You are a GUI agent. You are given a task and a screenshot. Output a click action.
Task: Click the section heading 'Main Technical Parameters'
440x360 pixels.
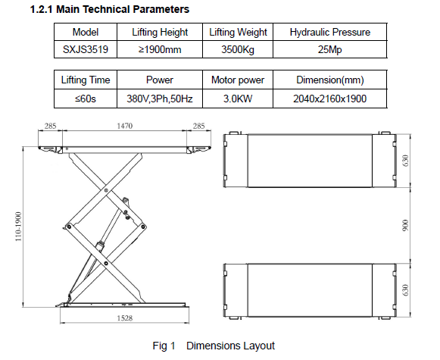pos(123,9)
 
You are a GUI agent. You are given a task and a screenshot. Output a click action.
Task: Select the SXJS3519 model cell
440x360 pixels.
pos(86,49)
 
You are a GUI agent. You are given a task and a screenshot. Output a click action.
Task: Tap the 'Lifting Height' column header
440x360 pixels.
pos(160,32)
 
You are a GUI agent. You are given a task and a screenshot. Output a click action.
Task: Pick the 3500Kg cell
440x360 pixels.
pos(238,49)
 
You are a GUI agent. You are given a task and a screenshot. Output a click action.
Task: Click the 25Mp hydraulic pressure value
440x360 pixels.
pos(329,50)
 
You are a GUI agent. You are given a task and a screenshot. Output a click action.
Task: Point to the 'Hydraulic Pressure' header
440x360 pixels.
pos(330,32)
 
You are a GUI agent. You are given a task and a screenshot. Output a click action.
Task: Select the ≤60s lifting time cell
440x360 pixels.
pos(86,99)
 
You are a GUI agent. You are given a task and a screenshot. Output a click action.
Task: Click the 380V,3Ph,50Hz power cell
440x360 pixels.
pos(160,99)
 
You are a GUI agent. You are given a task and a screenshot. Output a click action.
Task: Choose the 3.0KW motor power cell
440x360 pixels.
pos(238,99)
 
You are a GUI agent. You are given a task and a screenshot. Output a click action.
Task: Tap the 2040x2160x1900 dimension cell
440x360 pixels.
pos(330,99)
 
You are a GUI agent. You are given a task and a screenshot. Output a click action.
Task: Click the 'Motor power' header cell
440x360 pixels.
pos(238,80)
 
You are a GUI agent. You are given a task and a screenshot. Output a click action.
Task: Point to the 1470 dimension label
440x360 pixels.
pos(125,126)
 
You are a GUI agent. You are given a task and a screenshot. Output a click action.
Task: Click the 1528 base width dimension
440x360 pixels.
pos(125,318)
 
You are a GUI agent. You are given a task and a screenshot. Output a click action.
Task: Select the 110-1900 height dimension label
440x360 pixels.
pos(18,227)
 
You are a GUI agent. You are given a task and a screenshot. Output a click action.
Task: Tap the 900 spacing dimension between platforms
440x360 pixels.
pos(405,226)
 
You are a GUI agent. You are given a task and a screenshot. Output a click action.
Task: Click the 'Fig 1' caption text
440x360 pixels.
pos(164,346)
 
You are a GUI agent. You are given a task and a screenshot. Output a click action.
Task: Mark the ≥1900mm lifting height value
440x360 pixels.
pos(160,50)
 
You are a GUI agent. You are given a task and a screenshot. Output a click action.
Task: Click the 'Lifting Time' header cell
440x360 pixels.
pos(86,80)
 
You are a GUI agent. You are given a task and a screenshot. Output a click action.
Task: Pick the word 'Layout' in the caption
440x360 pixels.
pos(259,346)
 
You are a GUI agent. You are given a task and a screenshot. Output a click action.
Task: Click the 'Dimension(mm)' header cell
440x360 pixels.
pos(330,80)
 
